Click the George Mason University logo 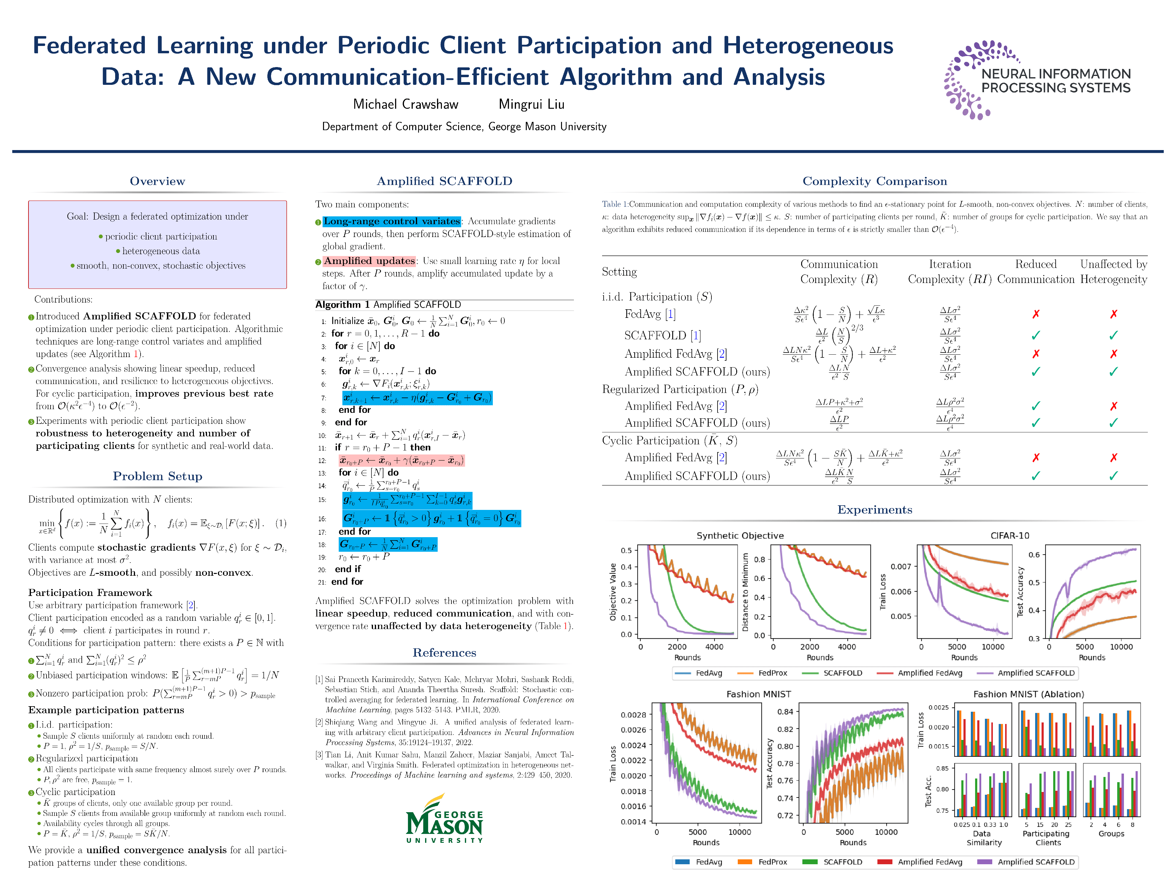444,819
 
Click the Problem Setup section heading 157,476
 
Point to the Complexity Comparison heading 875,181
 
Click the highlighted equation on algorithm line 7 417,398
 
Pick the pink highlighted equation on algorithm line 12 401,460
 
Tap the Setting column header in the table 619,272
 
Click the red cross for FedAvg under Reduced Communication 1036,314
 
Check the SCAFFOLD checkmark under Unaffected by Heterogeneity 1113,335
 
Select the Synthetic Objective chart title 740,535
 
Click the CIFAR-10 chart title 1010,535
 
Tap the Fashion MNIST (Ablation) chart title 1028,694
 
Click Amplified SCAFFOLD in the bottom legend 1036,862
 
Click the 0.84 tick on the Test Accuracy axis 785,711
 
